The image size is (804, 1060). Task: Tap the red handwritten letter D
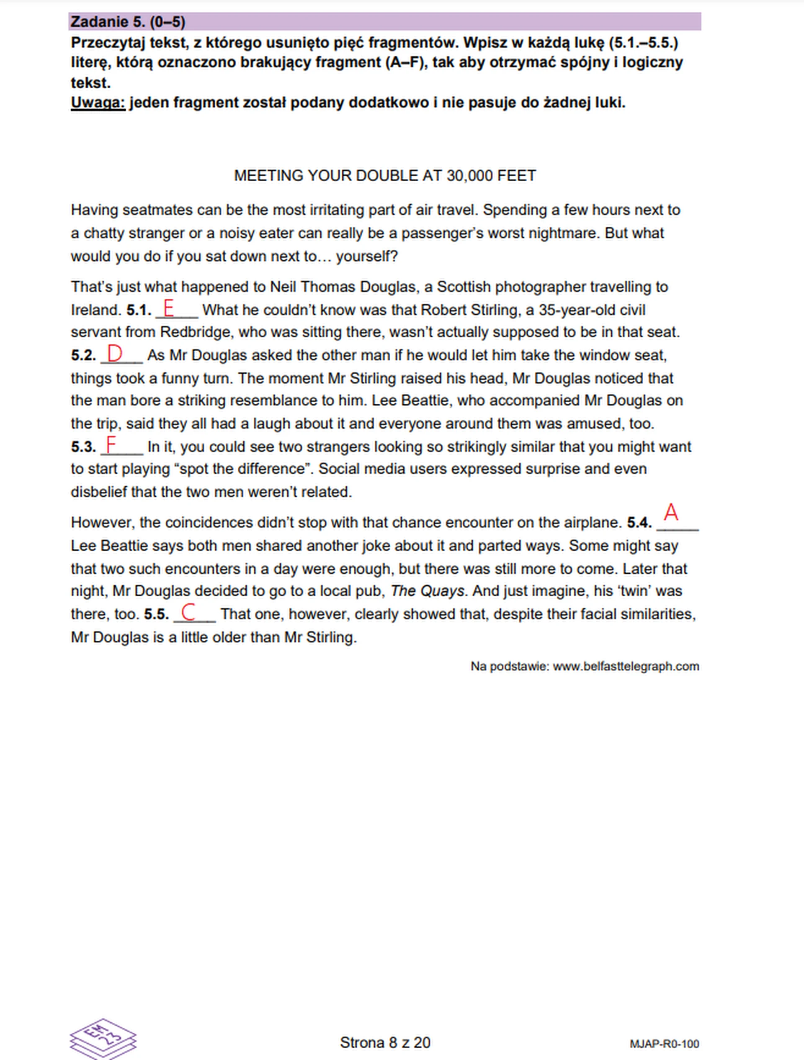pos(115,354)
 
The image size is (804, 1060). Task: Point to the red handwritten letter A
pos(671,512)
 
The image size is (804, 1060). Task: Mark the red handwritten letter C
pos(188,612)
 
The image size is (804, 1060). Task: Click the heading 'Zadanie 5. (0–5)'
pos(128,22)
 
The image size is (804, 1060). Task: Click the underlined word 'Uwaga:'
pos(98,103)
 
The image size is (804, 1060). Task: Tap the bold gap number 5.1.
pos(139,310)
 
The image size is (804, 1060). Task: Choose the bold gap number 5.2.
pos(84,356)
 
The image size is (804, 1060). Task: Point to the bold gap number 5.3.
pos(84,447)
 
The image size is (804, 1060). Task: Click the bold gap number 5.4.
pos(639,523)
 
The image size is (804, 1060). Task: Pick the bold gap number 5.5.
pos(156,614)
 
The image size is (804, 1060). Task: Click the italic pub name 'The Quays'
pos(427,591)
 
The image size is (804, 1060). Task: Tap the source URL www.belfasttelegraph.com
pos(626,667)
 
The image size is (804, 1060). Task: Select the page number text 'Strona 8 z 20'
pos(385,1043)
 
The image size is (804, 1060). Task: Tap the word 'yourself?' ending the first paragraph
pos(367,257)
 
